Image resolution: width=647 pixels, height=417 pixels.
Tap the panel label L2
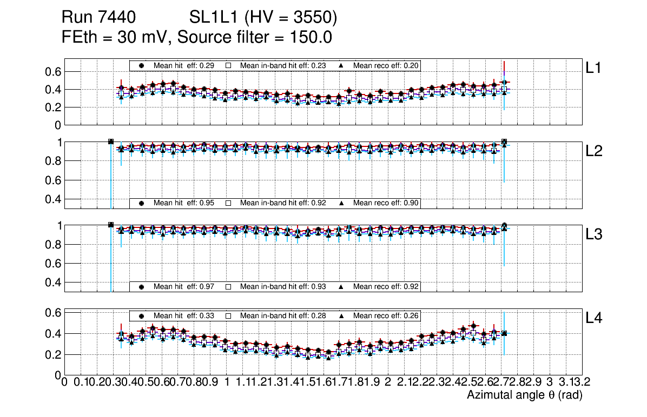(595, 151)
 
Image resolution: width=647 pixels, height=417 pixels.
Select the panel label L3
(595, 234)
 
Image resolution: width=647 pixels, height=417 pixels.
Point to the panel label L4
(595, 318)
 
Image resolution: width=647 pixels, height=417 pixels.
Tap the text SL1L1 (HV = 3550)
(263, 18)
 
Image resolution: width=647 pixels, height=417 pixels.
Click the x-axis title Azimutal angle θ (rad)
(524, 395)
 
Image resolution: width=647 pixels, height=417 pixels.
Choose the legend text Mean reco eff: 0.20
(386, 65)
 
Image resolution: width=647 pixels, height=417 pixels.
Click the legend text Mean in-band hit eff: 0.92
(283, 203)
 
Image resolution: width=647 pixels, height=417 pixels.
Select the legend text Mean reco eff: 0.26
(386, 315)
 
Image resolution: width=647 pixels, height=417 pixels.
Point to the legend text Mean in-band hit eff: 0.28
(283, 315)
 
